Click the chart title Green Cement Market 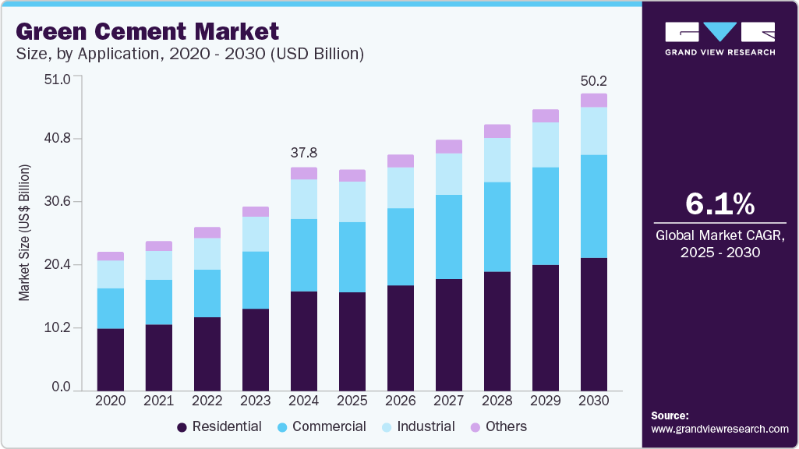click(x=147, y=32)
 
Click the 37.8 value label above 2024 click(x=304, y=153)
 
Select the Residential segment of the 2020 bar click(x=111, y=359)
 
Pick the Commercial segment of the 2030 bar click(x=594, y=206)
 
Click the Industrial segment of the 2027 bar click(x=449, y=174)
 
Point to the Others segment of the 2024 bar click(x=304, y=173)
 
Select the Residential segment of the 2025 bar click(x=352, y=341)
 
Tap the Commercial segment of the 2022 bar click(x=207, y=293)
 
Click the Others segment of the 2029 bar click(x=546, y=115)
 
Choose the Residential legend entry click(x=219, y=426)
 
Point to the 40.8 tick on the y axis click(x=56, y=139)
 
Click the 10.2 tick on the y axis click(x=56, y=327)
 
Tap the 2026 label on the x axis click(x=401, y=400)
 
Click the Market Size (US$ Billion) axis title click(x=24, y=233)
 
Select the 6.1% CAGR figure click(x=719, y=204)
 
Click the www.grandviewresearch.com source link click(x=719, y=429)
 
